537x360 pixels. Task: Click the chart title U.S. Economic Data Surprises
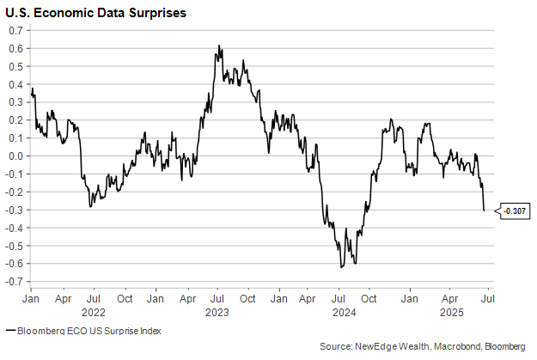tap(96, 14)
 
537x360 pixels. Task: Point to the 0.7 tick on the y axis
tap(15, 30)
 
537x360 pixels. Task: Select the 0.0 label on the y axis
tap(15, 156)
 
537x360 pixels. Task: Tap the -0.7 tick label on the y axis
tap(14, 281)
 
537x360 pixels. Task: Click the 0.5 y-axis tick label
tap(15, 66)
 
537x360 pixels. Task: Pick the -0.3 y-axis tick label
tap(14, 210)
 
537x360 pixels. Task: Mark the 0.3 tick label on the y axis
tap(15, 102)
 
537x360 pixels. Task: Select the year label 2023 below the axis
tap(217, 312)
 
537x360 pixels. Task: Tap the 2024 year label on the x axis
tap(341, 312)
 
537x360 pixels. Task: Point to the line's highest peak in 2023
tap(219, 46)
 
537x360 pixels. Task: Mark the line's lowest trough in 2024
tap(341, 267)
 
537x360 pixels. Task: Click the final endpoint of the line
tap(484, 211)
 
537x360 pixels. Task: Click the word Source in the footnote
tap(334, 345)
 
